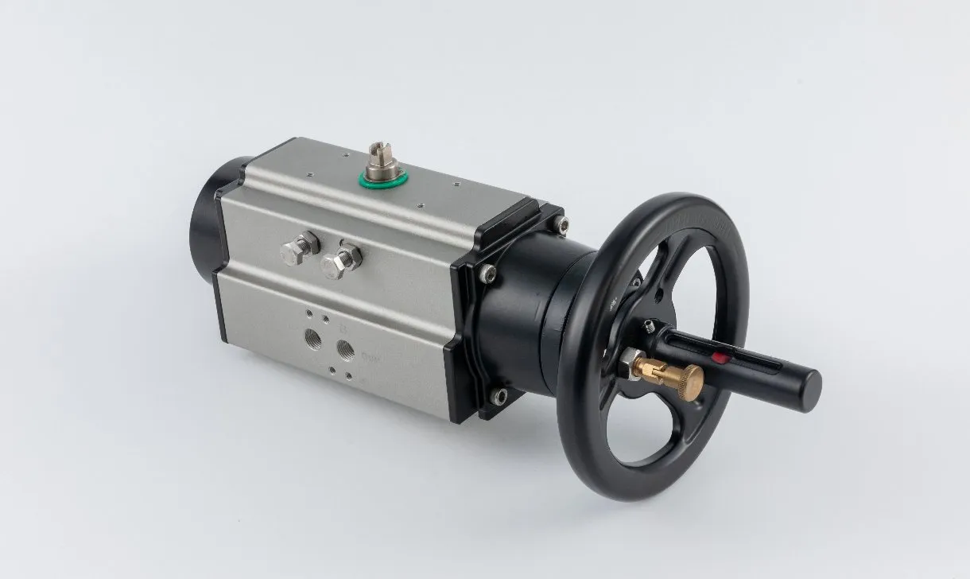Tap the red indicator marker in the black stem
click(x=720, y=356)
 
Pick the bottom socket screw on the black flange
click(x=500, y=394)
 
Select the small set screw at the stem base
click(x=650, y=325)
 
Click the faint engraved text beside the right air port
click(x=371, y=359)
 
